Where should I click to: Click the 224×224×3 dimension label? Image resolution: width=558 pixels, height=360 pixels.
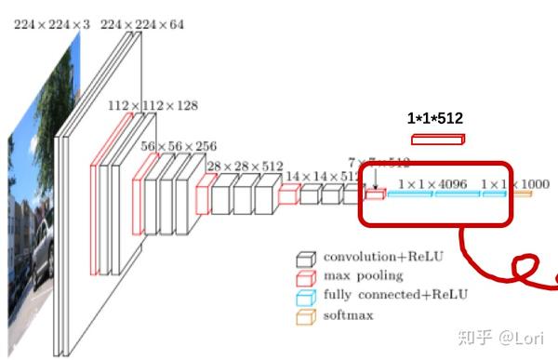pos(52,25)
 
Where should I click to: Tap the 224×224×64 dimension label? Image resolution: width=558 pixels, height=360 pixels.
pos(141,25)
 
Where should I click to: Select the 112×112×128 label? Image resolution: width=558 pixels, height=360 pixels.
pos(153,106)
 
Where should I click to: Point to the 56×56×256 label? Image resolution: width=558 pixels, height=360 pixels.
pos(179,147)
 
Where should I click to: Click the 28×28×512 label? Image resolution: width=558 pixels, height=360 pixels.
pos(244,167)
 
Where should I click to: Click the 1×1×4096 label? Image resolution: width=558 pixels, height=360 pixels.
pos(432,185)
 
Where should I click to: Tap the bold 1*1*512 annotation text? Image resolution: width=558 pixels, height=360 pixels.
pos(435,118)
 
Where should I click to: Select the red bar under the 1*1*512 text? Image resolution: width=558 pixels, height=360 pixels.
pos(437,140)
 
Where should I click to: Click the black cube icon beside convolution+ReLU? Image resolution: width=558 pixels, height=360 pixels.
pos(305,258)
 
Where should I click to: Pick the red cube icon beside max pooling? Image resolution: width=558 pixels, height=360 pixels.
pos(305,276)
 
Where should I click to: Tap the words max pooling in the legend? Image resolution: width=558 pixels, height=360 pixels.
pos(363,276)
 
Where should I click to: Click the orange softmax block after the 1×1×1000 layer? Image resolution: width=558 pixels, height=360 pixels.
pos(523,193)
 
